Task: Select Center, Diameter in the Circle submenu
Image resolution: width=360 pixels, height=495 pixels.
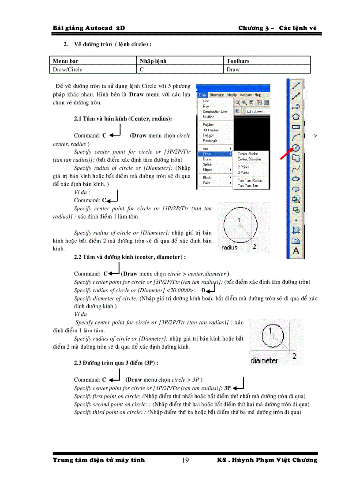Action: [x=249, y=159]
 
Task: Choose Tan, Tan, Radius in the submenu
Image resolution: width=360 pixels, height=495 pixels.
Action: [x=250, y=180]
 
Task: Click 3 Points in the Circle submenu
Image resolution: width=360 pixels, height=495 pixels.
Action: [x=244, y=172]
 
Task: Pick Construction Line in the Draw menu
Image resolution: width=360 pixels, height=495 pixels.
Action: [x=214, y=112]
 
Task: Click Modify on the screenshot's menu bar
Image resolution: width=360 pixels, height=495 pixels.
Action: [x=232, y=95]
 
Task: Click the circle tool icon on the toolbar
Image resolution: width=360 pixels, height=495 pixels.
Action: [x=296, y=148]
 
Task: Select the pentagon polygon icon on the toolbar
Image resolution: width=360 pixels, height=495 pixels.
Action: [x=296, y=116]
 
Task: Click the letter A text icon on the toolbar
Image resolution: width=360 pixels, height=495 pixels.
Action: [x=296, y=251]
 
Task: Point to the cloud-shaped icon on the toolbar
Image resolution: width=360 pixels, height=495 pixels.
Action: [x=296, y=158]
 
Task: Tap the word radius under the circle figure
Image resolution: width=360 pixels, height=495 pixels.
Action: [x=229, y=248]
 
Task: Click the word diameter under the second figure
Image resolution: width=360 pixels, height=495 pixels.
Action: [x=264, y=361]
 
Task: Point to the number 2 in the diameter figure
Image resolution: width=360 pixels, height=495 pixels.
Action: [x=294, y=355]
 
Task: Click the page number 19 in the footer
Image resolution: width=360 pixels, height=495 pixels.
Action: [x=185, y=461]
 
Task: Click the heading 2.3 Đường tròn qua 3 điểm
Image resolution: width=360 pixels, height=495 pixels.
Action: [x=116, y=363]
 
